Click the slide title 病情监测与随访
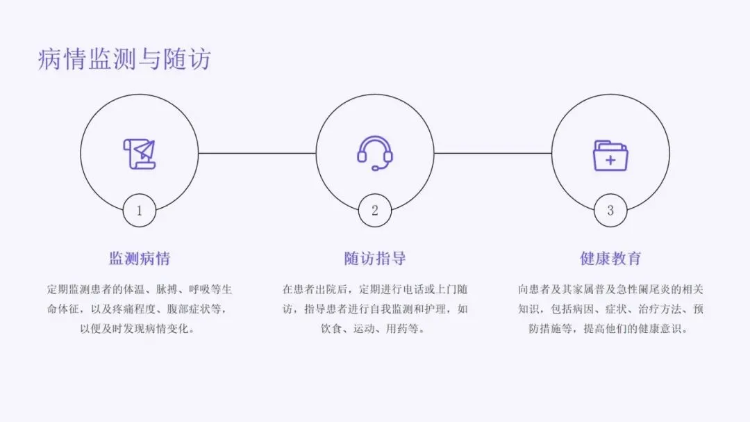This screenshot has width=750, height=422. point(124,60)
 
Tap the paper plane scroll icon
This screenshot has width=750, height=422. point(139,154)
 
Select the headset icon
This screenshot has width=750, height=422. point(375,152)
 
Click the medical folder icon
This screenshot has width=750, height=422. point(610,156)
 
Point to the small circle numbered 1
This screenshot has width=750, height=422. point(139,210)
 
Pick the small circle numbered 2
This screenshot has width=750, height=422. point(375,210)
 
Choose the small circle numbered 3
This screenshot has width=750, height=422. point(610,210)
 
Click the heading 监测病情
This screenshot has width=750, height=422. point(139,259)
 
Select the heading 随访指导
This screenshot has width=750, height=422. point(375,259)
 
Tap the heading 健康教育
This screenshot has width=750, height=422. point(610,259)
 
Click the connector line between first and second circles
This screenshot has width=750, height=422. point(257,153)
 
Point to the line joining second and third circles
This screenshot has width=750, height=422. point(493,153)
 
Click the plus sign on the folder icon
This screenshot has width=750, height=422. point(610,161)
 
